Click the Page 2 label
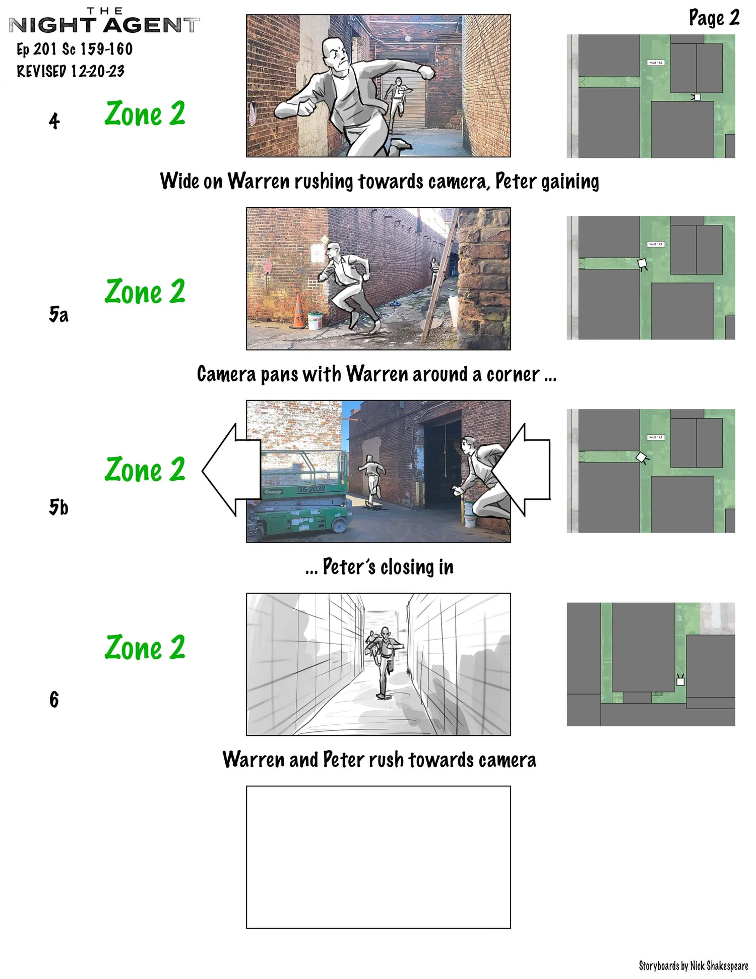[714, 18]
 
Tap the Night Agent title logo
[104, 23]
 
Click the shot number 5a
[58, 314]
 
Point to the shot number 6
[54, 700]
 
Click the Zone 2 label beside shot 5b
[145, 470]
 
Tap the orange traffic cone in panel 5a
[299, 313]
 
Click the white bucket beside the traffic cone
[315, 320]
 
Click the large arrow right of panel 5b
[524, 470]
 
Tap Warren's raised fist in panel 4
[427, 72]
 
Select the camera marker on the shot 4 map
[697, 97]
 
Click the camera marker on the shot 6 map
[680, 681]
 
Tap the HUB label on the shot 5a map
[656, 244]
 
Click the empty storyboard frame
[378, 856]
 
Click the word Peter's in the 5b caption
[349, 567]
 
